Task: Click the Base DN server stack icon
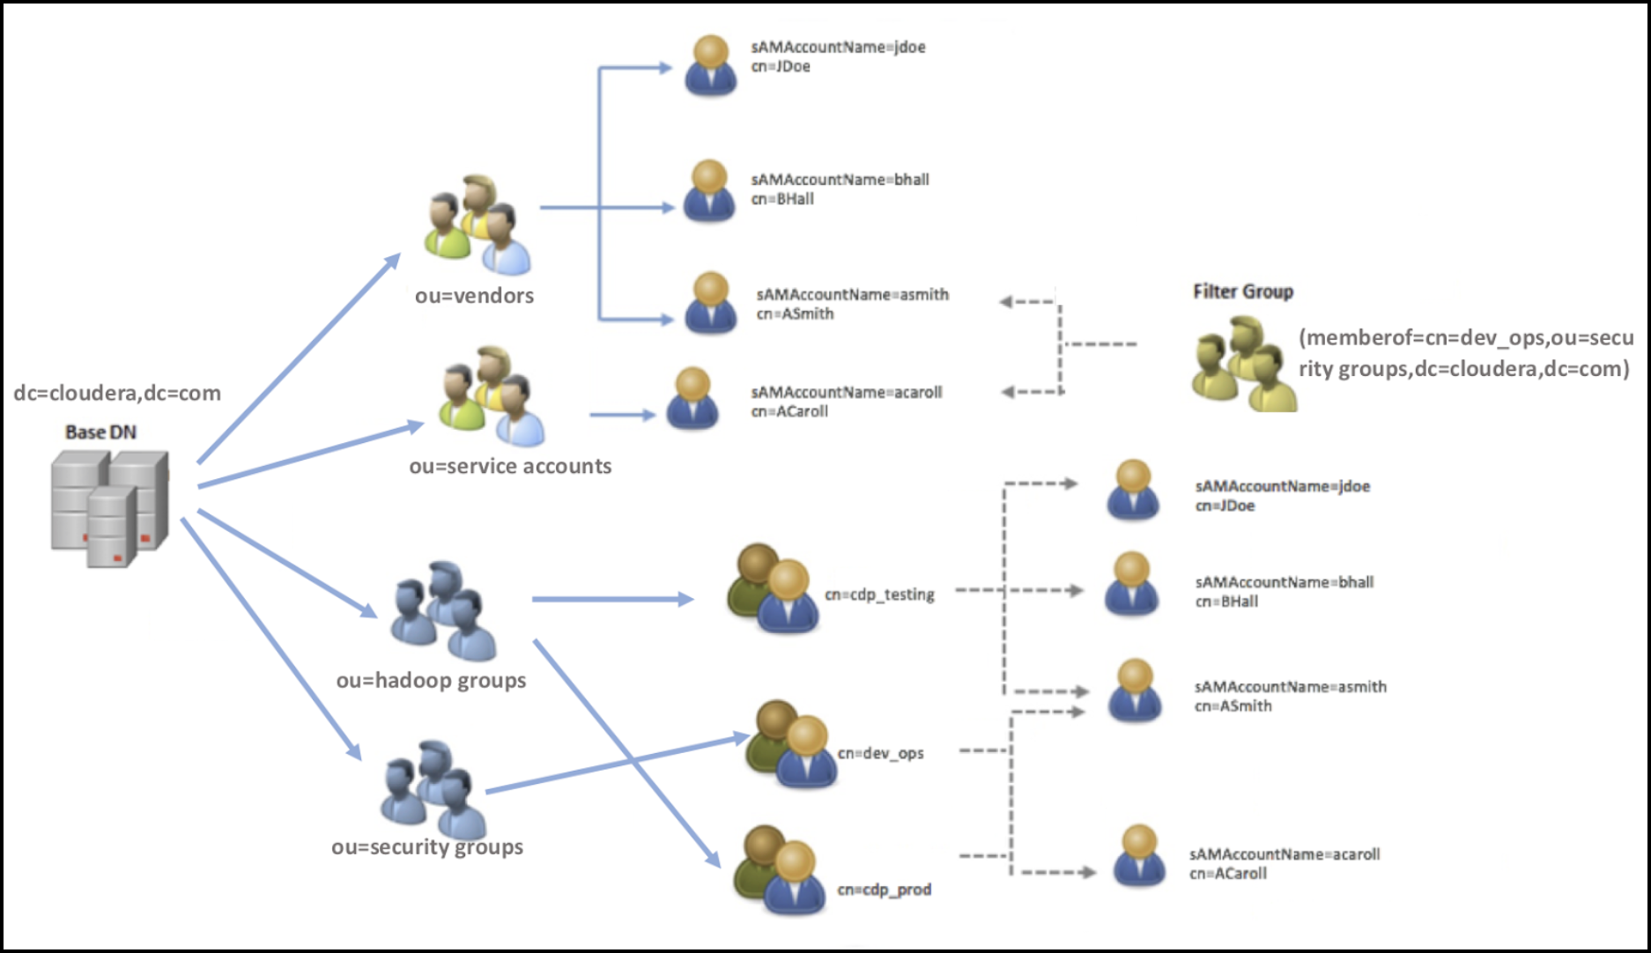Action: click(x=109, y=507)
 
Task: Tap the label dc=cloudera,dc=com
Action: click(x=117, y=393)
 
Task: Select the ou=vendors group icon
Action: click(x=478, y=225)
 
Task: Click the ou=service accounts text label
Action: click(x=510, y=466)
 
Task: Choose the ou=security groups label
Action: click(x=427, y=846)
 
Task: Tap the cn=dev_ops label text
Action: click(x=880, y=753)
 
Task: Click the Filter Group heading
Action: click(x=1242, y=292)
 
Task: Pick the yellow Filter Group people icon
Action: click(x=1243, y=365)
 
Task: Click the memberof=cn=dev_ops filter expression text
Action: click(x=1465, y=353)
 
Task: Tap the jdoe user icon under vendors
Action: click(x=710, y=65)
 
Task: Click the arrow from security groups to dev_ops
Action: click(x=617, y=764)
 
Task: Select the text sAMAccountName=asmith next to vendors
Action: click(x=852, y=294)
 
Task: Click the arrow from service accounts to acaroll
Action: click(x=622, y=414)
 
